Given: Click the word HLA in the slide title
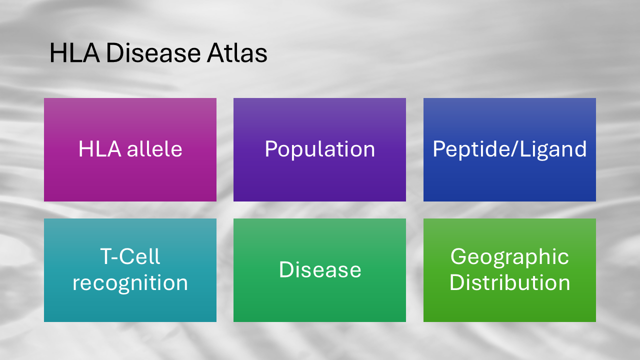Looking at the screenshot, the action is coord(74,53).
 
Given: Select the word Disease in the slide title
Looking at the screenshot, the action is coord(153,53).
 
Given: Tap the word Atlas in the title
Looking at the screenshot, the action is coord(237,53).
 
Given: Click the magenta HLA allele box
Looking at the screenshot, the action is coord(130,149).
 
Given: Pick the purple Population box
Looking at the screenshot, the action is coord(319,149).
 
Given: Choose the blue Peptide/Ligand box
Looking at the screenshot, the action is coord(509,149).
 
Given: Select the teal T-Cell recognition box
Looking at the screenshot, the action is coord(130,270).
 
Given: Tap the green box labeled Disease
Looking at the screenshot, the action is coord(319,270).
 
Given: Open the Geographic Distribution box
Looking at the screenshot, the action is coord(509,270).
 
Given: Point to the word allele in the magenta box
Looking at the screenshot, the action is coord(154,148).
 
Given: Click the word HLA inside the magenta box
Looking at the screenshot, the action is coord(99,149).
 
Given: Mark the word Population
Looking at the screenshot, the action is coord(319,149).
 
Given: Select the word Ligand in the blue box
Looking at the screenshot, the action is coord(553,149).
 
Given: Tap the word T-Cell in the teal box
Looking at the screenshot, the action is coord(130,256).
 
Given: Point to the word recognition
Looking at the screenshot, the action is coord(130,283).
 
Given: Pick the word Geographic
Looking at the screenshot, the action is coord(509,257).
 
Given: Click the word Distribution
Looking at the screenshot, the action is coord(509,282).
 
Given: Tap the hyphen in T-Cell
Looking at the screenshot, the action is coord(115,258).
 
